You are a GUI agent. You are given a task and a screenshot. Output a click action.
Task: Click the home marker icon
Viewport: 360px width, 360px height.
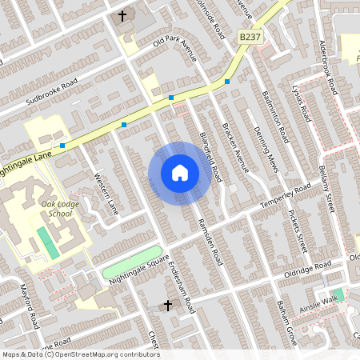pos(179,173)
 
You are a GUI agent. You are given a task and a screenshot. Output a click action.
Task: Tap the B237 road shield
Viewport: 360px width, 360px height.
pos(250,37)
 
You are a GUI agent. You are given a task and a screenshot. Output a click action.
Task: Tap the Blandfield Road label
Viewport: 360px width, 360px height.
pos(210,147)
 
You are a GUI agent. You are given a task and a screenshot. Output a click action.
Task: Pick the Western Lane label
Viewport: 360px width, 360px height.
pos(106,194)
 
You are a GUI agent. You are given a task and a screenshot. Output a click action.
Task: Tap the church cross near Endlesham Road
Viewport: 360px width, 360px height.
pos(168,305)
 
